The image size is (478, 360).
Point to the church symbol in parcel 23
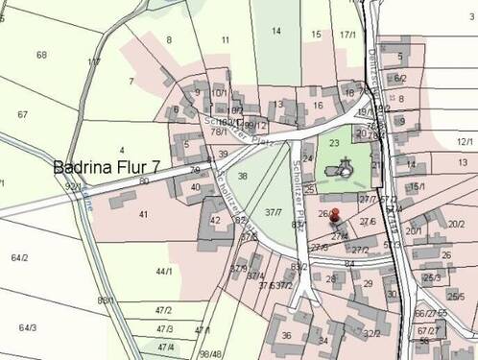click(342, 170)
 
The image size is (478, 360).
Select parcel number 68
click(41, 55)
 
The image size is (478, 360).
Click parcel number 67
click(22, 115)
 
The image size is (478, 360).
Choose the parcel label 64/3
click(27, 328)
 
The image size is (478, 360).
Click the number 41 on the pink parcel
click(143, 214)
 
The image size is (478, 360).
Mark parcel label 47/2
click(163, 310)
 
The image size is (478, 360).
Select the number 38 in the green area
click(243, 177)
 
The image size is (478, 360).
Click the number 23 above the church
click(334, 143)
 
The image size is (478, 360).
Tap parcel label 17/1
click(347, 35)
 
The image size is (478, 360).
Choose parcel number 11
click(225, 40)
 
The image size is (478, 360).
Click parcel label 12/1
click(466, 142)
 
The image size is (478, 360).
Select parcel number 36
click(286, 336)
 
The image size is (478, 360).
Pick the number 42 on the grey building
click(214, 220)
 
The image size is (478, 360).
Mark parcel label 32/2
click(371, 334)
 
